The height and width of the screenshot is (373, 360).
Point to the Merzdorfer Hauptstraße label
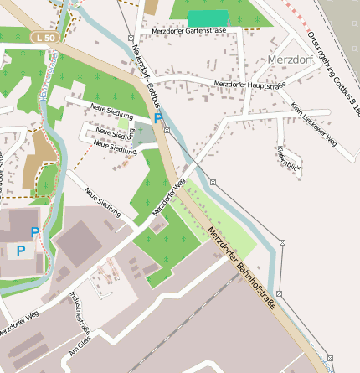click(x=249, y=85)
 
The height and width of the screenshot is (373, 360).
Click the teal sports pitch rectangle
click(x=208, y=18)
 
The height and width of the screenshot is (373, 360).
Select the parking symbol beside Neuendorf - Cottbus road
click(x=158, y=118)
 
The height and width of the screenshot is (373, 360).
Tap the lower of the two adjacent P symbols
click(x=21, y=251)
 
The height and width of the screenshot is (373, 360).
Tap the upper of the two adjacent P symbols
click(x=35, y=232)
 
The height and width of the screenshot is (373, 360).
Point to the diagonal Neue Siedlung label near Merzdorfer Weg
click(x=102, y=201)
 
